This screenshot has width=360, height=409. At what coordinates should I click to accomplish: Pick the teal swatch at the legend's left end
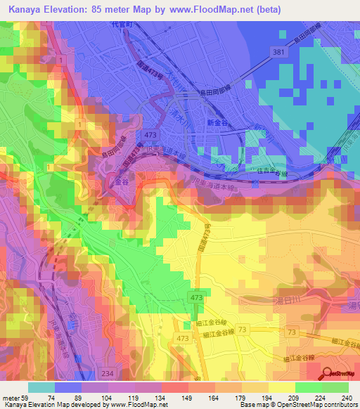point(41,387)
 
